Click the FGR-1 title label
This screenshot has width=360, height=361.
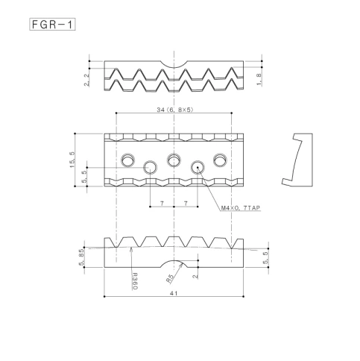[x=54, y=24]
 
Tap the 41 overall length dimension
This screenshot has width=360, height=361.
[x=174, y=293]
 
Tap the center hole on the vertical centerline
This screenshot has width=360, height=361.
[x=174, y=159]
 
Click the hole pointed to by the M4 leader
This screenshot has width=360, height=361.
[x=198, y=166]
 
